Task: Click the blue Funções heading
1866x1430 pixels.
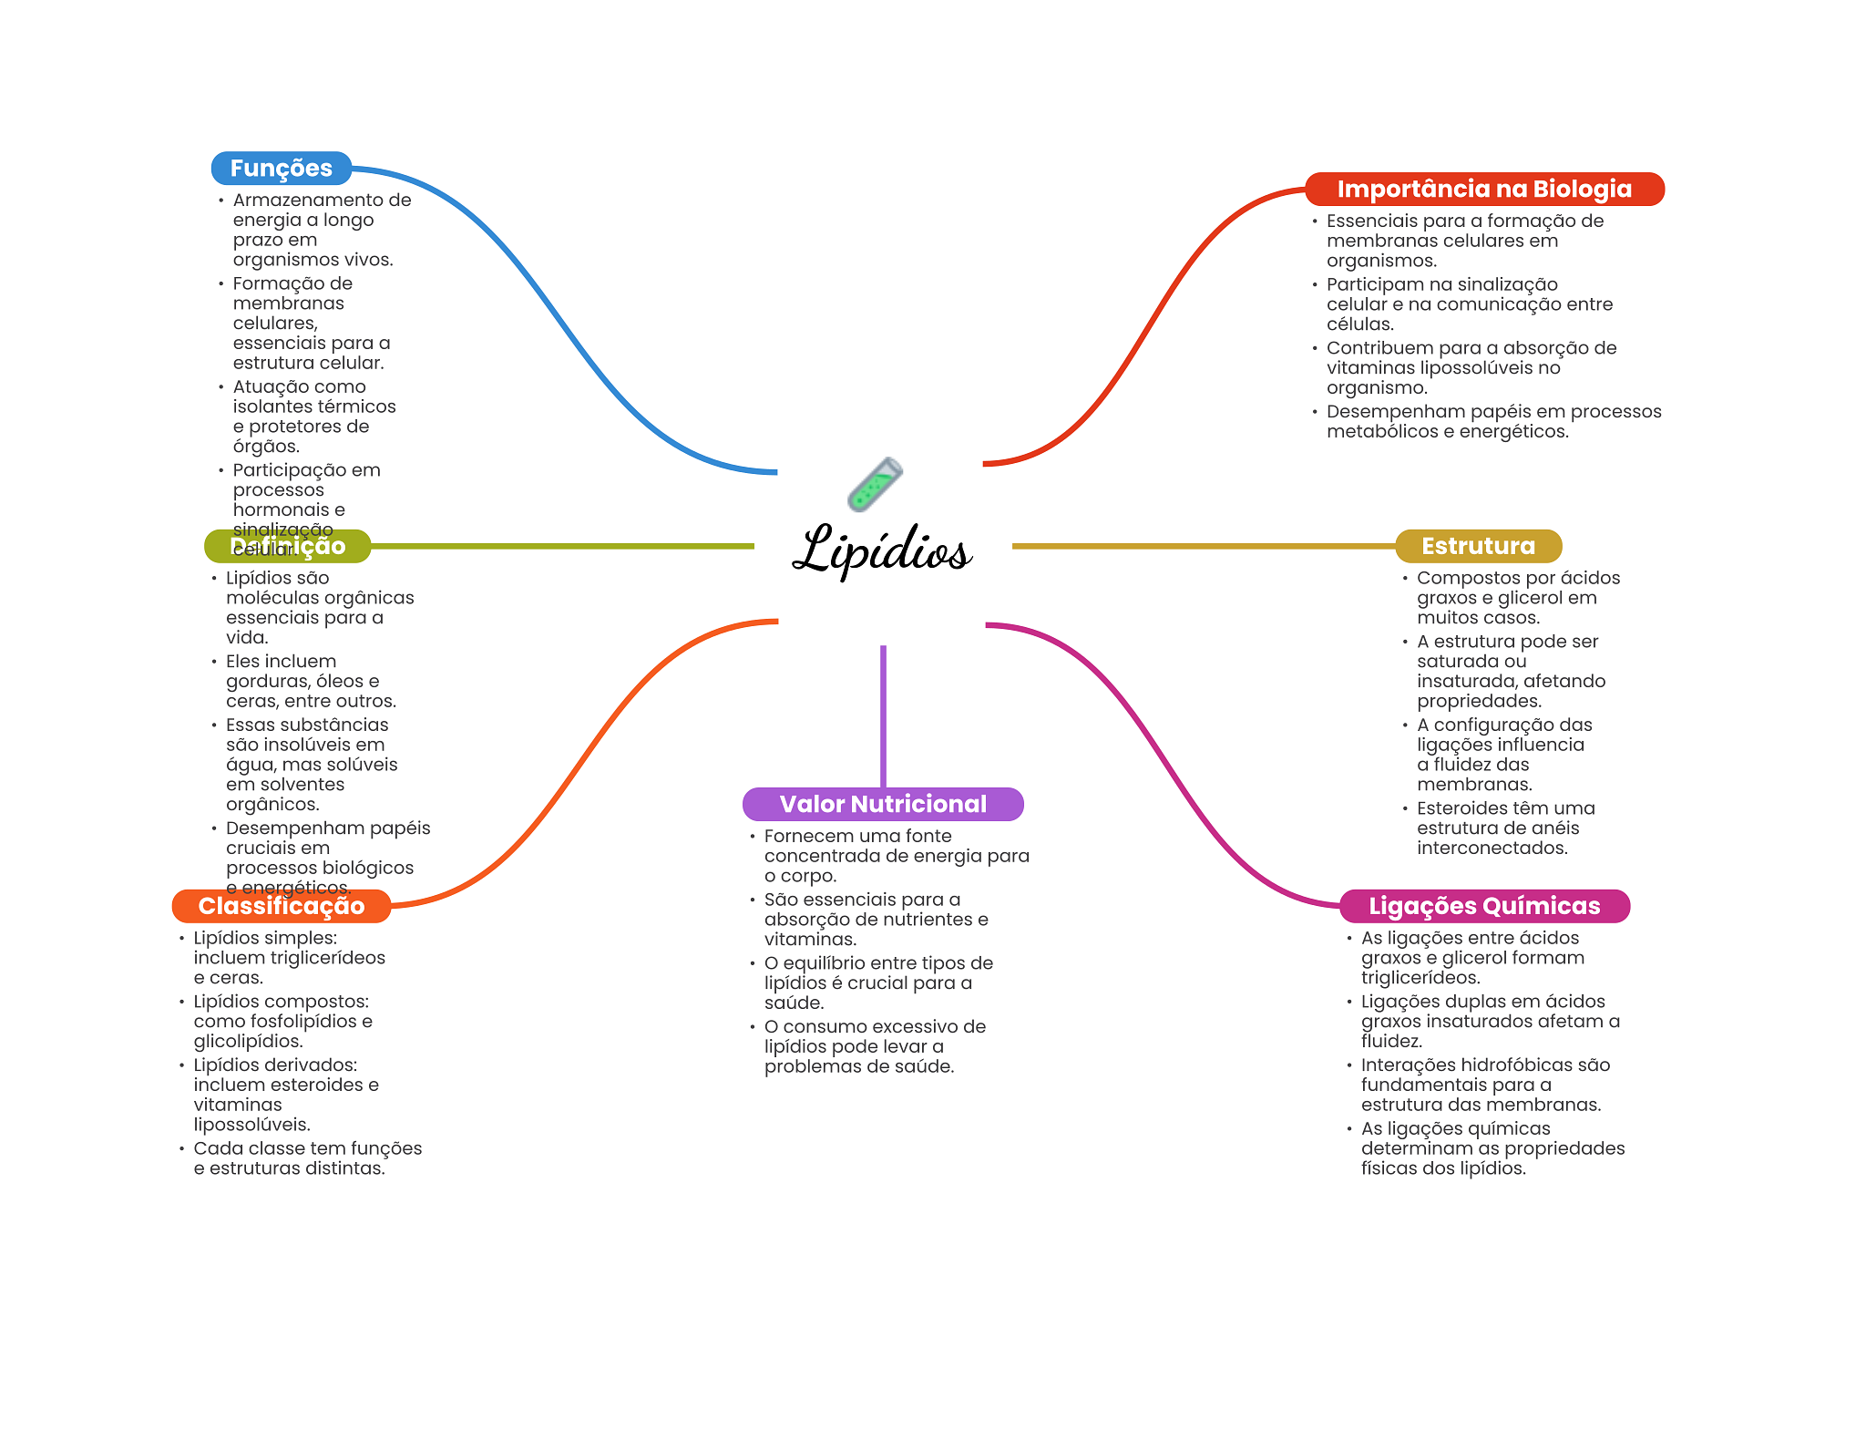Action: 281,169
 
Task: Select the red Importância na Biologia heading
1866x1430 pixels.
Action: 1483,190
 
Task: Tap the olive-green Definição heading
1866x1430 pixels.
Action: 287,547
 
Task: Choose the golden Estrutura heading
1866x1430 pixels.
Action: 1478,546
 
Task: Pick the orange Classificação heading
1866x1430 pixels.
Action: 281,906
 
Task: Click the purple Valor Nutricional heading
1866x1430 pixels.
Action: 882,804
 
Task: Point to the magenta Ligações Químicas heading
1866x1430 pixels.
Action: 1483,906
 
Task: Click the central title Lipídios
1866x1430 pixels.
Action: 882,550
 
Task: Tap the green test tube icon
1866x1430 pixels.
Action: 875,484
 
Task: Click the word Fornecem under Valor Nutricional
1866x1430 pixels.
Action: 802,837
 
